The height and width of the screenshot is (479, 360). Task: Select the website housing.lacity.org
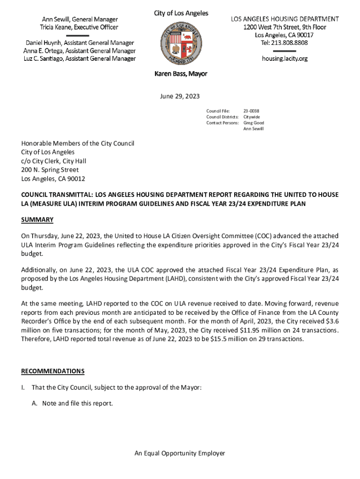tap(284, 58)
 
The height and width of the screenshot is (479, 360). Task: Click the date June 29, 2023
tap(180, 96)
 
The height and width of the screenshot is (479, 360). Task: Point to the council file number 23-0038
tap(252, 111)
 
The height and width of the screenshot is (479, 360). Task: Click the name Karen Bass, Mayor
tap(181, 74)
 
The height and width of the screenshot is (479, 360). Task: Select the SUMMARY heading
tap(37, 220)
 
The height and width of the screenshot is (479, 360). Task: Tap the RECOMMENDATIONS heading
tap(53, 371)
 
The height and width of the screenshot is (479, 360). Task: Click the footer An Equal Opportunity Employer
tap(180, 453)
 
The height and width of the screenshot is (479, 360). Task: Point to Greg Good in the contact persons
tap(254, 123)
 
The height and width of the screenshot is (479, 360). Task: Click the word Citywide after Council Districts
tap(252, 116)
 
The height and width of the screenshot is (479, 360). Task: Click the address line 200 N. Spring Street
tap(50, 170)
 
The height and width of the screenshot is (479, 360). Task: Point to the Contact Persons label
tap(223, 123)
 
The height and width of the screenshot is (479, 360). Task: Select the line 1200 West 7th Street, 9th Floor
tap(284, 27)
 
